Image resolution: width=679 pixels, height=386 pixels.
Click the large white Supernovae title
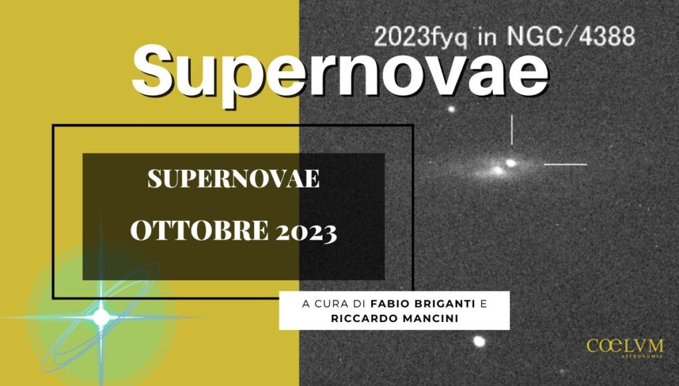tap(340, 73)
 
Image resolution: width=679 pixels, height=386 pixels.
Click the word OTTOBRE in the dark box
tap(200, 230)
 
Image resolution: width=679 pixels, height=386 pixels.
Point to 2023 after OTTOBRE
tap(306, 232)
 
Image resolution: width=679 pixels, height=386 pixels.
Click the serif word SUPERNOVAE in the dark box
tap(234, 178)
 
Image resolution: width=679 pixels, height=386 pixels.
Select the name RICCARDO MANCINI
tap(394, 318)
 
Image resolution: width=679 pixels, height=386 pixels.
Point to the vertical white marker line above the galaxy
tap(512, 130)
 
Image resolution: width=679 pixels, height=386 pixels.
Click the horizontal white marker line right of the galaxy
tap(565, 164)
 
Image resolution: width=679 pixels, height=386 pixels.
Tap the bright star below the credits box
tap(479, 341)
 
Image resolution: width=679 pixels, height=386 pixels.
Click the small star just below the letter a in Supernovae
tap(451, 109)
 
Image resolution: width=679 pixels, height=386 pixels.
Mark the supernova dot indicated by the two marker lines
tap(511, 163)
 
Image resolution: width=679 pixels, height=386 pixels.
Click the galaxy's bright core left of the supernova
tap(497, 170)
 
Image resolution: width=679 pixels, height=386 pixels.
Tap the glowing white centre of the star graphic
tap(101, 317)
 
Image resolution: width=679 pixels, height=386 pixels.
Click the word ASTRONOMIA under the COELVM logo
tap(642, 357)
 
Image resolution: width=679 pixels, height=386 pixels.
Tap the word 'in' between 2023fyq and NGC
tap(487, 37)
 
